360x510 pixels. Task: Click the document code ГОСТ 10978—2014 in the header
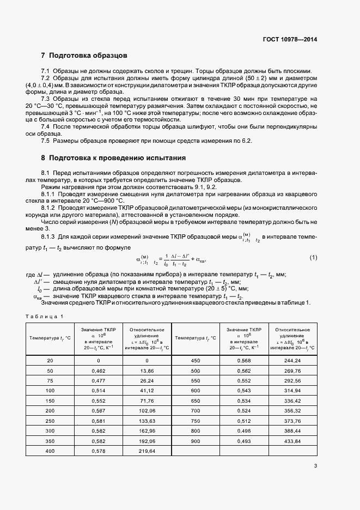click(x=290, y=39)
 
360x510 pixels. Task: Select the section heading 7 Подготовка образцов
click(x=84, y=56)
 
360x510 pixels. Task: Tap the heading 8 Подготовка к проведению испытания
click(x=113, y=158)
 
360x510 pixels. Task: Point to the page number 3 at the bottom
click(x=315, y=466)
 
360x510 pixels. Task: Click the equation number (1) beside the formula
click(x=313, y=257)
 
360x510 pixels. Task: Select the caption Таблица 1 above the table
click(x=45, y=317)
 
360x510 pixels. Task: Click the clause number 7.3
click(x=45, y=99)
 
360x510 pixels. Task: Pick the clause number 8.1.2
click(x=49, y=208)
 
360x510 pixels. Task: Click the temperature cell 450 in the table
click(x=196, y=360)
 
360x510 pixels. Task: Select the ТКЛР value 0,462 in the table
click(x=99, y=370)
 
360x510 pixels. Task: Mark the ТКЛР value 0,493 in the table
click(x=244, y=440)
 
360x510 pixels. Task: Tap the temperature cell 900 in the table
click(x=196, y=440)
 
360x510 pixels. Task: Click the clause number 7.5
click(x=45, y=141)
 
